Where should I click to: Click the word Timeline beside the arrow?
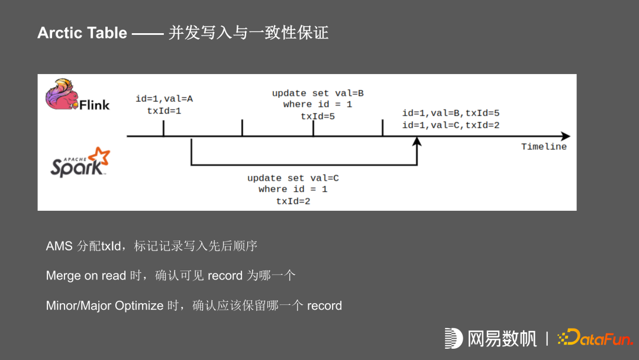coord(544,147)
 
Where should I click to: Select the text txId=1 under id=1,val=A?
coord(164,110)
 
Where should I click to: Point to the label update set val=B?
coord(318,94)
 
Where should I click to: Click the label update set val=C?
coord(293,178)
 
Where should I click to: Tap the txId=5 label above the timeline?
coord(318,116)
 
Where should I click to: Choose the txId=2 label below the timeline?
coord(293,201)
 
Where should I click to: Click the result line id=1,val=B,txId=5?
coord(451,113)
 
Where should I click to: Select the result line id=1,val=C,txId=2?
coord(451,125)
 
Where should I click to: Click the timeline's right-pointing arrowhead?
coord(565,136)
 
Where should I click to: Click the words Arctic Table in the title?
coord(82,33)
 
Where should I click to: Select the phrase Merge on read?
coord(86,276)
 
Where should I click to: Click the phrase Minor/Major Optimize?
coord(104,306)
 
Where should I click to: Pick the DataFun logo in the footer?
coord(595,337)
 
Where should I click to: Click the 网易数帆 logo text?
coord(502,338)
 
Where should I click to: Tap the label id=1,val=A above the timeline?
coord(164,99)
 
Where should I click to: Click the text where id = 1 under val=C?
coord(293,189)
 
